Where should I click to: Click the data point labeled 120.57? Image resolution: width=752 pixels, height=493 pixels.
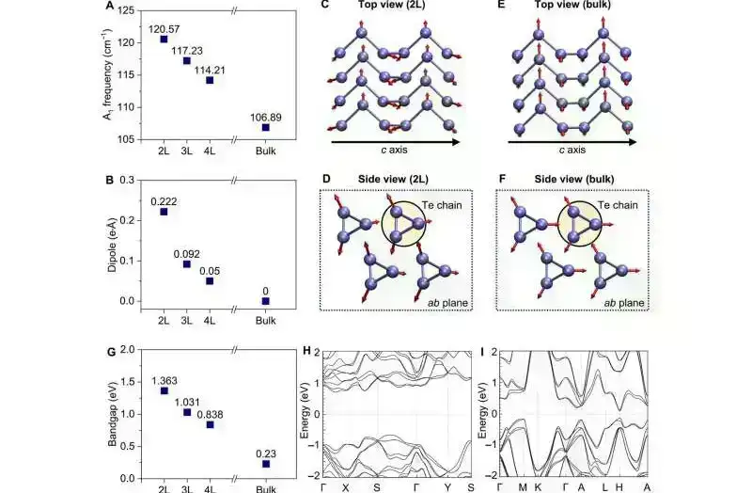(x=164, y=40)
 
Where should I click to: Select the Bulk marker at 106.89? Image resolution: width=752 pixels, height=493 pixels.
(x=265, y=127)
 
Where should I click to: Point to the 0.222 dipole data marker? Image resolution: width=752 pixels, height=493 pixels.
(x=164, y=212)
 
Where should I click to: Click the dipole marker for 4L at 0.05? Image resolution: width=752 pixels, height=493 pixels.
(x=210, y=280)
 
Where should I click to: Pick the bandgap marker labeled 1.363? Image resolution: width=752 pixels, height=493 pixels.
(x=164, y=390)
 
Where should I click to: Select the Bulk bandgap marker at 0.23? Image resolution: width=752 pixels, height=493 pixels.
(x=265, y=463)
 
